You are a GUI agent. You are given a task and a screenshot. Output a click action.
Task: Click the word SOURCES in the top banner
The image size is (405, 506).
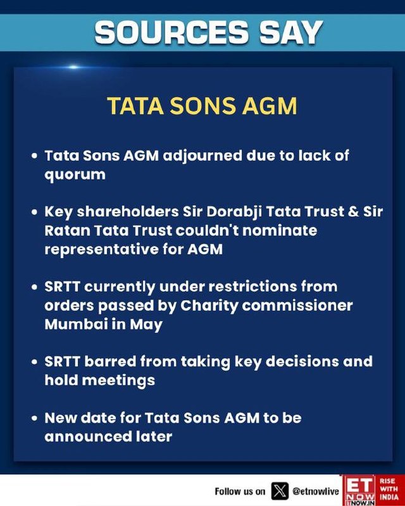click(x=171, y=32)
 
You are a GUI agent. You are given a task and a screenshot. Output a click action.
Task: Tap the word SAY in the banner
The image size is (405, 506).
click(x=291, y=32)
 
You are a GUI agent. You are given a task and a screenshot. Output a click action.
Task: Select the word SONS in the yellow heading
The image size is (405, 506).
click(x=202, y=106)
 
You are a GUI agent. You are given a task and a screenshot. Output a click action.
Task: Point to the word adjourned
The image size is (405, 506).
click(x=202, y=156)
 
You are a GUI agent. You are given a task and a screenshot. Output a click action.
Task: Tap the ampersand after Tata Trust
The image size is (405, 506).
click(x=354, y=212)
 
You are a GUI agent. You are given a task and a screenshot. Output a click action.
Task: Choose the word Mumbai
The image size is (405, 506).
click(x=76, y=324)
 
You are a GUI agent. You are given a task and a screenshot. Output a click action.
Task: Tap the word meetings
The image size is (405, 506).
click(x=118, y=381)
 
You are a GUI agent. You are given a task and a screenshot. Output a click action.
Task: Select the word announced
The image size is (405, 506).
click(x=87, y=437)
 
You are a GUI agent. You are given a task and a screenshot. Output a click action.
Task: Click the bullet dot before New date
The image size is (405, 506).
click(x=35, y=419)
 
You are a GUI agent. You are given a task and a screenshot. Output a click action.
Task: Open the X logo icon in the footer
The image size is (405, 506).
click(x=280, y=491)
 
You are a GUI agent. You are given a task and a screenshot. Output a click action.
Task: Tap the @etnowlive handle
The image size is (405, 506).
click(x=316, y=491)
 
